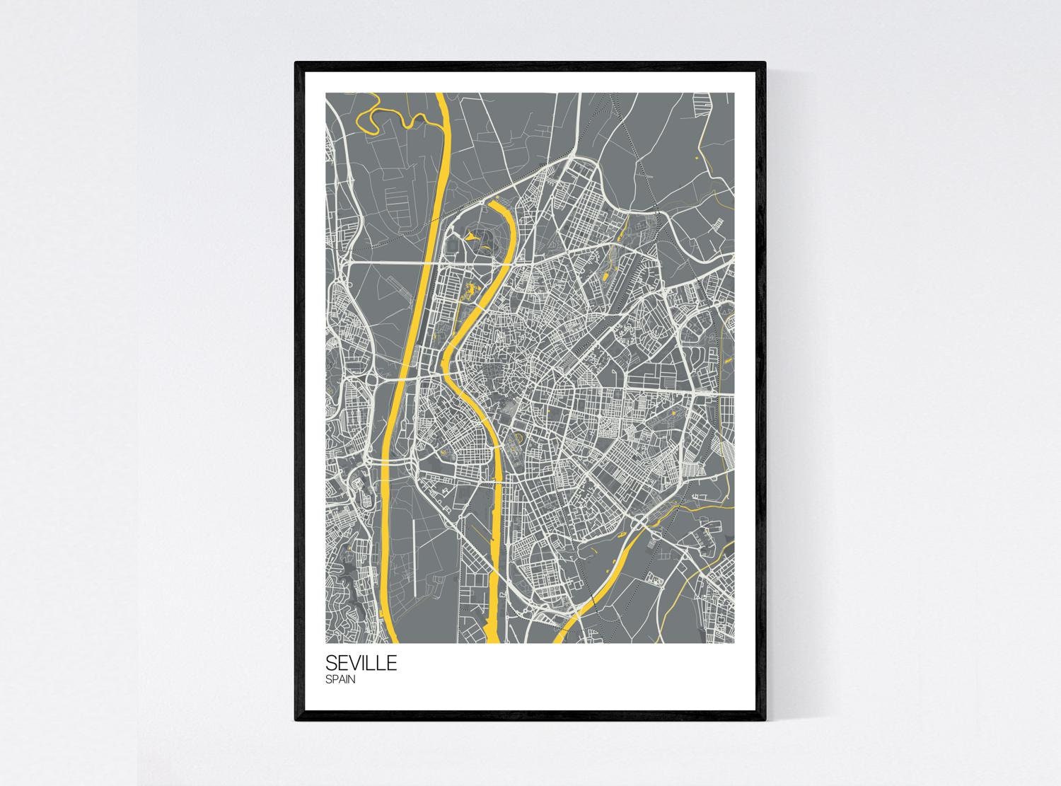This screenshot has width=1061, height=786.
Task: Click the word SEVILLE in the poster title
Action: coord(361,664)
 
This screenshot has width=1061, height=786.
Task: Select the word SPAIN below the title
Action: coord(341,680)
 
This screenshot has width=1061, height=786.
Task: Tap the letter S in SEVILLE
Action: coord(331,664)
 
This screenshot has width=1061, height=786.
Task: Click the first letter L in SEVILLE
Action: coord(373,664)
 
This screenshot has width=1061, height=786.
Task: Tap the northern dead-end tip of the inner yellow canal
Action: coord(492,203)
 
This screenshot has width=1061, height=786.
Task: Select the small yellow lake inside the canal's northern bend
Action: coord(475,242)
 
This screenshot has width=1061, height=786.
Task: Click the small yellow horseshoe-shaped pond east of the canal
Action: coord(515,441)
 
